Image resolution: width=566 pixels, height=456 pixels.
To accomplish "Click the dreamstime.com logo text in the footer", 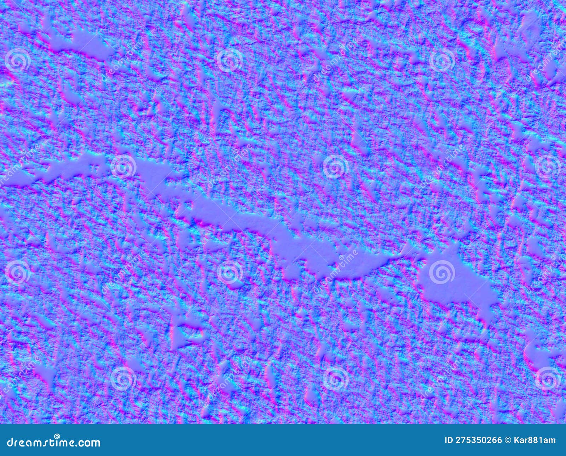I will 54,442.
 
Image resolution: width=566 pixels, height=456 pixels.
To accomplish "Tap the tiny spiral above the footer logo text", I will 57,436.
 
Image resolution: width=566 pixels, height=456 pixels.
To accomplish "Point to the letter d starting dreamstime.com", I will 10,442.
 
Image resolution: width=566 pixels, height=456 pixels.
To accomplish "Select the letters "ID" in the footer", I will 449,440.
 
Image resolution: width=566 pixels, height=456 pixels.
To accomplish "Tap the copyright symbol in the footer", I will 509,440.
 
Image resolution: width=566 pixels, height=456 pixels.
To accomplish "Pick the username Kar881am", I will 536,440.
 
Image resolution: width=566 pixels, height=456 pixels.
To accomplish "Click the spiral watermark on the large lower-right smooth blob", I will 442,272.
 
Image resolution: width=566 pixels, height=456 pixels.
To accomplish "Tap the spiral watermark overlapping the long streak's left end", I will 123,166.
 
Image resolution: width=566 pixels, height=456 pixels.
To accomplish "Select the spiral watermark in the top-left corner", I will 17,60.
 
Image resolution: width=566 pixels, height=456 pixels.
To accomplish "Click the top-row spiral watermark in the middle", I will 230,60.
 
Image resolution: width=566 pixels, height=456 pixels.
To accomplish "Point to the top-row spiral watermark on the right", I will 442,60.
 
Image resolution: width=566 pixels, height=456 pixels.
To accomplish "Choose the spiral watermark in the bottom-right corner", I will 548,378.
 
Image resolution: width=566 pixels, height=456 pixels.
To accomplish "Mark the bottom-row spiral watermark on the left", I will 123,378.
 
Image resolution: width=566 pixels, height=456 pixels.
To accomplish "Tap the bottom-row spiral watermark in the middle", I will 336,378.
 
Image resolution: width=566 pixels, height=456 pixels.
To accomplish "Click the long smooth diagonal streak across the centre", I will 248,219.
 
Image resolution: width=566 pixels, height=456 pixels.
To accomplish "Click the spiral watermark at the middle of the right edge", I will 548,166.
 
